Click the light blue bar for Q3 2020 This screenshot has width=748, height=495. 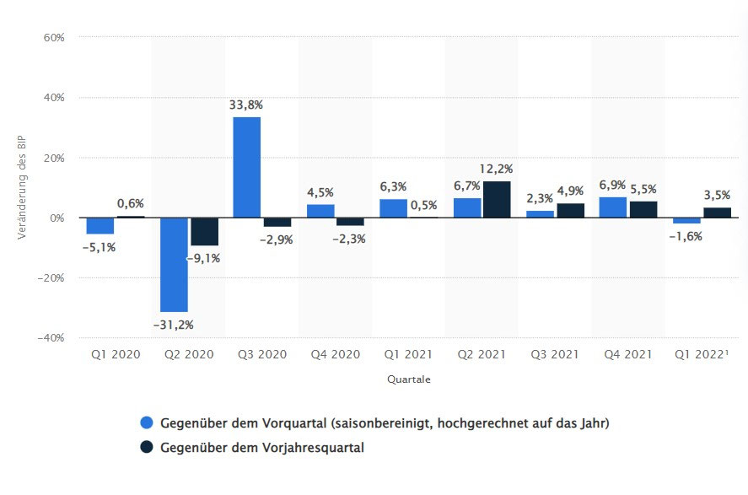pos(247,167)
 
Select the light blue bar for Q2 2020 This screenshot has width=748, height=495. pos(174,265)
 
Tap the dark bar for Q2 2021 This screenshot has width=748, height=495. pos(497,200)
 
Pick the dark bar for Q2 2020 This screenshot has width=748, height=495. pos(204,232)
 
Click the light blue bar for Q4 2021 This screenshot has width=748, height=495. pos(614,207)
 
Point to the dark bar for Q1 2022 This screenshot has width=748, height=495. pos(717,213)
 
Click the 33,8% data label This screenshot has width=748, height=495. pos(246,105)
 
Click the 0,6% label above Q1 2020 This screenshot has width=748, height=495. pos(131,203)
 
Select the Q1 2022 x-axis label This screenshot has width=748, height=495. pos(702,355)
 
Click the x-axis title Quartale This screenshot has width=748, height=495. pos(409,379)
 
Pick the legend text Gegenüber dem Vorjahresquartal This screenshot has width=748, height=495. pos(261,448)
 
